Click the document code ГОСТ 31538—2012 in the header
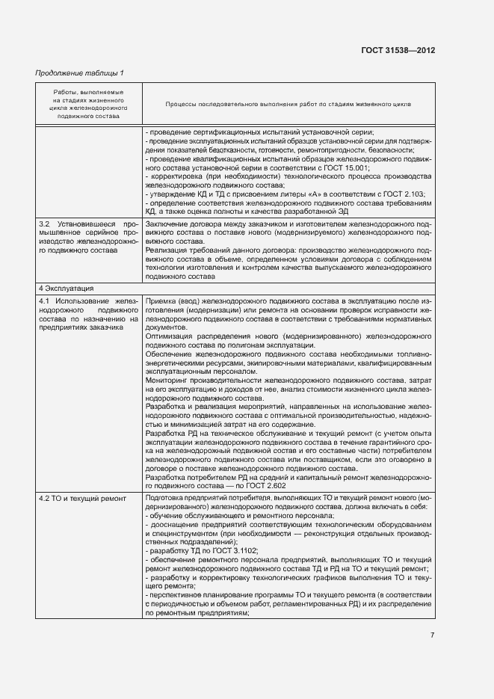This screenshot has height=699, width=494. click(398, 50)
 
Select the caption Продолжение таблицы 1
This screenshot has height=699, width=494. click(80, 73)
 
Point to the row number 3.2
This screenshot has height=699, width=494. click(45, 224)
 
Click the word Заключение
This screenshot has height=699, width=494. click(167, 224)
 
